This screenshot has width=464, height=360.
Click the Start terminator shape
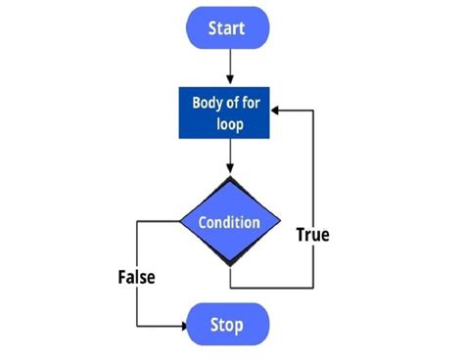[228, 28]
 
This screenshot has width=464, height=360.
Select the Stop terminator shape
[227, 323]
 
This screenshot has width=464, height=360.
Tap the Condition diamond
[229, 222]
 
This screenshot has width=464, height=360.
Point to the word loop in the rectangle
[229, 125]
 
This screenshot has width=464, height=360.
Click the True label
[312, 235]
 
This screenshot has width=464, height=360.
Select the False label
[136, 277]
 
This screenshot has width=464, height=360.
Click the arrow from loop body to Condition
[228, 157]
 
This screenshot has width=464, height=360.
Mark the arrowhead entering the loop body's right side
[278, 112]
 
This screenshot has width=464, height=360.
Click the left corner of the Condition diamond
[180, 222]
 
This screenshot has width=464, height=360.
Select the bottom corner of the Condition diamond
[229, 265]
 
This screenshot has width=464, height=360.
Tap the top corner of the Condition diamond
[229, 179]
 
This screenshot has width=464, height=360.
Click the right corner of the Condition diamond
[278, 222]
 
